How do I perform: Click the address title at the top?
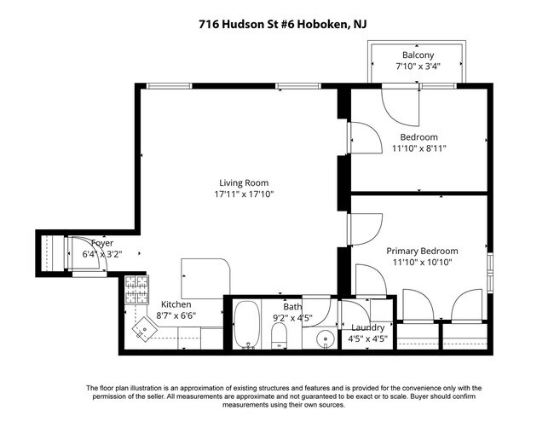pyautogui.click(x=277, y=26)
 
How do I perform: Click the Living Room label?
pyautogui.click(x=244, y=182)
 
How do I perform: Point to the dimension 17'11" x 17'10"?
pyautogui.click(x=244, y=194)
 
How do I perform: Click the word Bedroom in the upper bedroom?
pyautogui.click(x=418, y=137)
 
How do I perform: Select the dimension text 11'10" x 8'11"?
pyautogui.click(x=418, y=148)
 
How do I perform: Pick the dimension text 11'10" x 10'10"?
pyautogui.click(x=422, y=263)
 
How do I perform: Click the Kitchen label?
pyautogui.click(x=176, y=304)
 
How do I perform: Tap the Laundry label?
pyautogui.click(x=367, y=327)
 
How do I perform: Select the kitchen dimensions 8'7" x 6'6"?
pyautogui.click(x=176, y=315)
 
